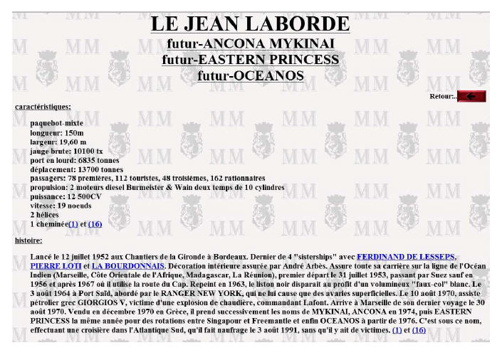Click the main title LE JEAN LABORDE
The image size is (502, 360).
tap(250, 24)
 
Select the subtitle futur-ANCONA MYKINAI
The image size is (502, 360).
tap(250, 44)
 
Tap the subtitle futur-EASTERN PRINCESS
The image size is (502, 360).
tap(250, 60)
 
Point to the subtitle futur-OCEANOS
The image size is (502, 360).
tap(250, 75)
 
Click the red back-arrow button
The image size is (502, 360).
tap(471, 96)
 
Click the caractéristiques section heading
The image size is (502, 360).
tap(43, 107)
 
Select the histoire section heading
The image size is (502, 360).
tap(28, 240)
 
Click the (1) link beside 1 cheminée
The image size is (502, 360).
tap(73, 224)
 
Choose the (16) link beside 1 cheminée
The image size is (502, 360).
tap(95, 224)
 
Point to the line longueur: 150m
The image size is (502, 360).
tap(57, 132)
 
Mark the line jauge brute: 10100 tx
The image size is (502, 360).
tap(66, 151)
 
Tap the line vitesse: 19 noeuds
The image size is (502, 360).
tap(62, 206)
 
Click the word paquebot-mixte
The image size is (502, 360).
tap(56, 123)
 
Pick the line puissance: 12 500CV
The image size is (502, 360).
tap(66, 196)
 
